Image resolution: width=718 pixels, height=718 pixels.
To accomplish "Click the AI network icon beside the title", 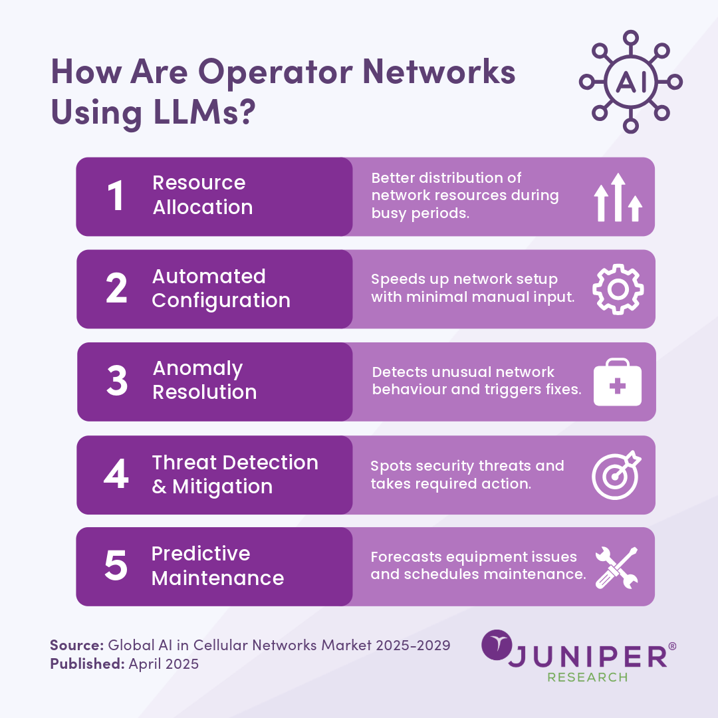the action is point(630,82).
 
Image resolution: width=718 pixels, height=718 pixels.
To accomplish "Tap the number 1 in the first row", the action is point(116,195).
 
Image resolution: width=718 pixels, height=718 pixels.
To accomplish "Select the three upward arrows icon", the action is point(618,197).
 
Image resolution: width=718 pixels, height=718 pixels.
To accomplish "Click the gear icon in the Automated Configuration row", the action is point(618,289).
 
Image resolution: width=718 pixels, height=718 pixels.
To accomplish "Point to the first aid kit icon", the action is point(617,382).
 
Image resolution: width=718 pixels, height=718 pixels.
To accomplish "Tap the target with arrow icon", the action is point(616,475).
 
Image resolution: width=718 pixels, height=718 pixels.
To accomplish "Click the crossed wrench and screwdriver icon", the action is point(616,567).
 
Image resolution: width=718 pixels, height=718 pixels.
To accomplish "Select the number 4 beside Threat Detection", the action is point(116,473).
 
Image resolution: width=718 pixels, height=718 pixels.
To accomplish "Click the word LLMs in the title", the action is point(204,111).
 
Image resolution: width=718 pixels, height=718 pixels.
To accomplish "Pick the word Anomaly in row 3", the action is point(197,368).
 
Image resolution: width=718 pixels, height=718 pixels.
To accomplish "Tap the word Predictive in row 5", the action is point(201,554).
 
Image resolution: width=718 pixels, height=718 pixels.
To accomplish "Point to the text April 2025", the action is point(164,663).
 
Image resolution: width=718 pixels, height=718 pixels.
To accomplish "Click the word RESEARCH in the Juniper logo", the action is point(588,677).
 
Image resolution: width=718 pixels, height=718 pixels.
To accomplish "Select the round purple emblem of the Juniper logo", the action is point(497,645).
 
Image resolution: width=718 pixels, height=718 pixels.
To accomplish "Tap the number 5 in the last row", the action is point(116,566).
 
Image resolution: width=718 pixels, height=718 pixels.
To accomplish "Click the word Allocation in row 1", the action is point(202,207).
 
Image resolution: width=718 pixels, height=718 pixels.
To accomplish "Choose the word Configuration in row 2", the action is point(221,301).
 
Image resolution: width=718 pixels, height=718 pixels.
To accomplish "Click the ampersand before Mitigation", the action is point(159,487).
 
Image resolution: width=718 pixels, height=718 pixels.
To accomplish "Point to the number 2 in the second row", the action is point(116,288).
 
